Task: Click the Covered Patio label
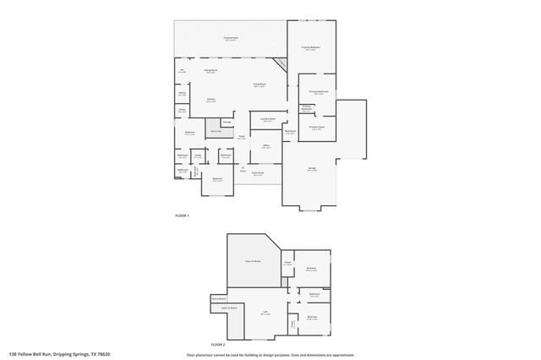pyautogui.click(x=230, y=39)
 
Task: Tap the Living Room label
pyautogui.click(x=260, y=85)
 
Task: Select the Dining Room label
pyautogui.click(x=211, y=71)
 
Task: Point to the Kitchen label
pyautogui.click(x=210, y=100)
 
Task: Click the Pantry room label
pyautogui.click(x=182, y=94)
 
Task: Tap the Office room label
pyautogui.click(x=265, y=147)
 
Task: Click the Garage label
pyautogui.click(x=312, y=169)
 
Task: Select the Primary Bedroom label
pyautogui.click(x=310, y=48)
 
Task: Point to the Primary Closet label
pyautogui.click(x=316, y=128)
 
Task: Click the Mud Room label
pyautogui.click(x=290, y=132)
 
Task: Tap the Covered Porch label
pyautogui.click(x=258, y=174)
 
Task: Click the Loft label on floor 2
pyautogui.click(x=265, y=313)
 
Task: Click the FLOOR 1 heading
pyautogui.click(x=182, y=216)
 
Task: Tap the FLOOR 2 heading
pyautogui.click(x=217, y=345)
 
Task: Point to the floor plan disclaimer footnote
pyautogui.click(x=270, y=354)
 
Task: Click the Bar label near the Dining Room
pyautogui.click(x=181, y=71)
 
